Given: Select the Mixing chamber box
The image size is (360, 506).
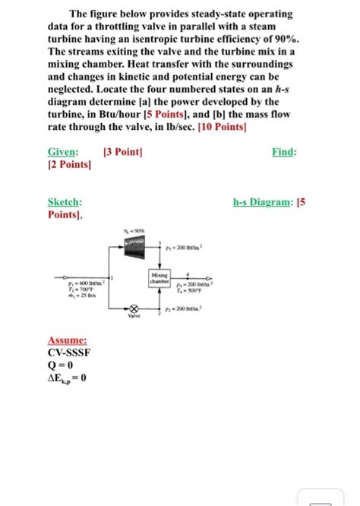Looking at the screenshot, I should (x=159, y=279).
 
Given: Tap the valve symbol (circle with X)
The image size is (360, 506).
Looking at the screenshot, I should (x=135, y=310).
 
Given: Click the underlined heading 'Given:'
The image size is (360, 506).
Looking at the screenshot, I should (x=63, y=152).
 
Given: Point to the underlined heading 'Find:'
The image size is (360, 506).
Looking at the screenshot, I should (x=284, y=152).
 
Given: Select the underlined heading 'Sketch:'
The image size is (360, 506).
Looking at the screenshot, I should (x=65, y=203).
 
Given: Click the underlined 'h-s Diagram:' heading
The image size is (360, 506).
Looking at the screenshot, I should (x=261, y=203).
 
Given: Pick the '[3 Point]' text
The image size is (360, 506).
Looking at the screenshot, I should (x=123, y=152).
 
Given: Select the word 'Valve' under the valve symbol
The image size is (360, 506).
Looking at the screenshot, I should (x=135, y=321).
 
